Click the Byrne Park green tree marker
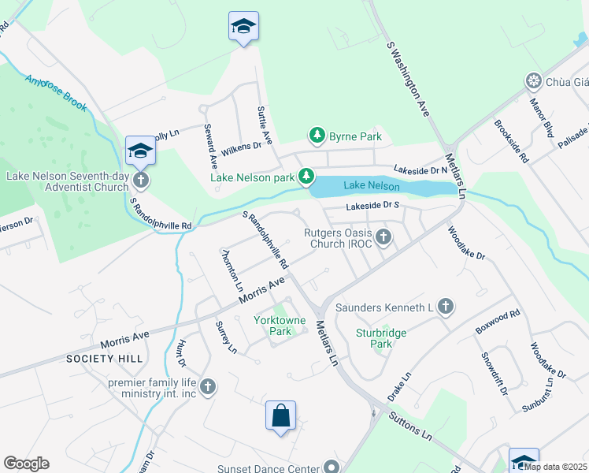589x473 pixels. (317, 136)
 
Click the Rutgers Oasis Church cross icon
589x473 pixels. (383, 236)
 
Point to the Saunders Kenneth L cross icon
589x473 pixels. (445, 307)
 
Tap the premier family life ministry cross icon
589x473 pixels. (208, 386)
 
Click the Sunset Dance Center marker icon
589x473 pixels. (332, 467)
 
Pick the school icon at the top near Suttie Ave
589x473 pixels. (243, 27)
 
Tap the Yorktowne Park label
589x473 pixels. (272, 326)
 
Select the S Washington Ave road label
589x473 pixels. (409, 80)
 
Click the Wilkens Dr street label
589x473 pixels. (240, 146)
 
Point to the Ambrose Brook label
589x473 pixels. (54, 93)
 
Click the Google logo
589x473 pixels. (26, 464)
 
